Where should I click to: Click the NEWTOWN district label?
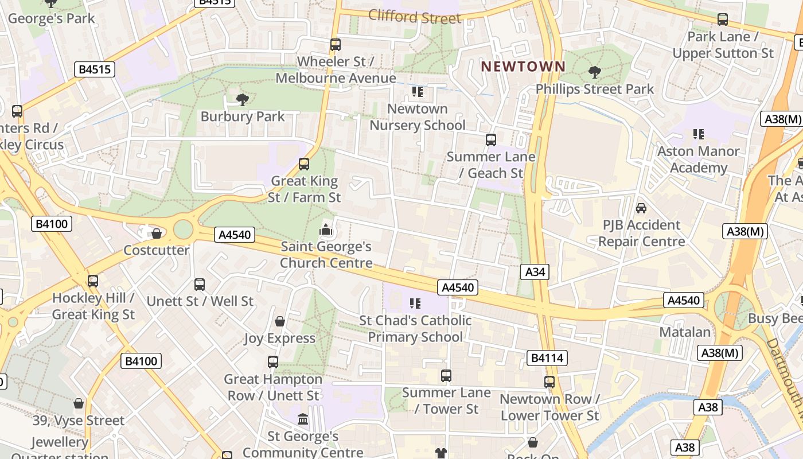click(x=523, y=67)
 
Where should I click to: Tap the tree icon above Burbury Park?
click(x=243, y=100)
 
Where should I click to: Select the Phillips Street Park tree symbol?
click(x=595, y=72)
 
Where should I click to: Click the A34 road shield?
click(x=535, y=272)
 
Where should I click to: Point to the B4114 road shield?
click(x=547, y=358)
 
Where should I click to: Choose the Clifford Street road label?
click(x=415, y=17)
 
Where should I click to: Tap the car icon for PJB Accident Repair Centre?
click(x=641, y=208)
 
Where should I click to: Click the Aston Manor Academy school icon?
click(x=698, y=134)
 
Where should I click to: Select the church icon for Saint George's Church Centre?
click(x=326, y=230)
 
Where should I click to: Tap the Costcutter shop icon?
click(x=156, y=234)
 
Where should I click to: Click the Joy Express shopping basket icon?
click(x=280, y=321)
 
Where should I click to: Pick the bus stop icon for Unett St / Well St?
click(x=200, y=284)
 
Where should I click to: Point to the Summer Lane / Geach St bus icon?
click(x=490, y=140)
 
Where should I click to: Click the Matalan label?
click(x=684, y=332)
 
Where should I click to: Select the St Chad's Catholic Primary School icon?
click(x=415, y=303)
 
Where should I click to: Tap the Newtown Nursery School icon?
click(x=418, y=92)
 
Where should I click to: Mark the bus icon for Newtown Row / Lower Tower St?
click(x=549, y=382)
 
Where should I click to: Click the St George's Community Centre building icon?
click(x=303, y=419)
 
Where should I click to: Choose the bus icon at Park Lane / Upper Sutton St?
click(x=723, y=20)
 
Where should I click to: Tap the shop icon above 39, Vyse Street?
click(x=79, y=403)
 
